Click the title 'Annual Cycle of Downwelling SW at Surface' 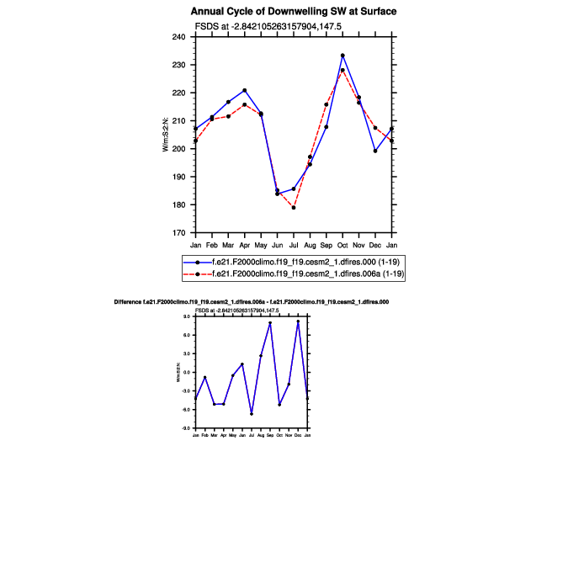point(294,12)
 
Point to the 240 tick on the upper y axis point(183,37)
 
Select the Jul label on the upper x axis point(294,245)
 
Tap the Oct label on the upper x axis point(342,245)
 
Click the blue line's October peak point point(342,56)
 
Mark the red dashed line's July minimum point point(294,207)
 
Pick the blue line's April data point point(245,90)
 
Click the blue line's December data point point(375,151)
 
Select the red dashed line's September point point(326,104)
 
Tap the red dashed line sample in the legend point(197,274)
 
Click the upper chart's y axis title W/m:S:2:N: point(167,135)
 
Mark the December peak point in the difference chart point(298,321)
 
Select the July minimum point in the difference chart point(252,414)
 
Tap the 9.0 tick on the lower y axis point(188,316)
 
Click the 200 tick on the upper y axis point(183,149)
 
